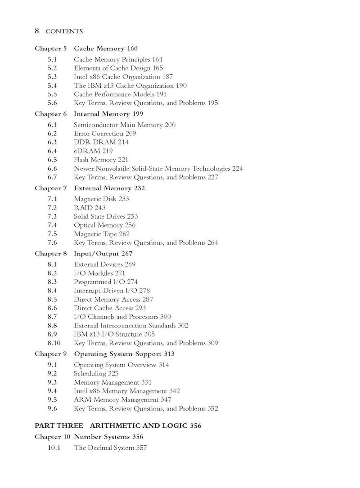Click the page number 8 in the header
click(37, 31)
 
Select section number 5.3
click(52, 77)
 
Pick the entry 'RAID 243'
click(90, 208)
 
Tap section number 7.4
click(52, 225)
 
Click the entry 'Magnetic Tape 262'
click(101, 234)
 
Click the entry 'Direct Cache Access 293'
click(110, 308)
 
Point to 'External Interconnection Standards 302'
click(131, 326)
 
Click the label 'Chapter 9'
click(51, 354)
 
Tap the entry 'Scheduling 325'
click(96, 374)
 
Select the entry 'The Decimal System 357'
click(110, 448)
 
